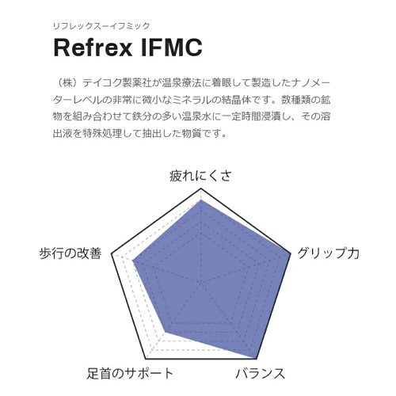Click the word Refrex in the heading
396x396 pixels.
pos(93,48)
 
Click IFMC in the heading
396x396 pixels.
pos(172,48)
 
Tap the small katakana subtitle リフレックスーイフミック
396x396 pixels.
pos(101,26)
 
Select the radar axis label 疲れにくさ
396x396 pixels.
pos(200,176)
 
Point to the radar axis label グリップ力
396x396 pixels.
pos(329,253)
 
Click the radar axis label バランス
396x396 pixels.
pos(261,374)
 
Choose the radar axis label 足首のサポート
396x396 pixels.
pos(130,374)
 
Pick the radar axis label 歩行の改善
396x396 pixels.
pos(70,253)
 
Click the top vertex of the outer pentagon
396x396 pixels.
pos(201,188)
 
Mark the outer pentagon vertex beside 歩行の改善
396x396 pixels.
pos(112,254)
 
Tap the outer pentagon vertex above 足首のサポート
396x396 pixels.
pos(146,359)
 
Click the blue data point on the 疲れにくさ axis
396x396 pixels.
pos(201,200)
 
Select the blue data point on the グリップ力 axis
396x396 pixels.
pos(290,254)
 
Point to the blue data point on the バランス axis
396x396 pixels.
pos(256,359)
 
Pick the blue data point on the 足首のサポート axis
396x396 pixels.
pos(166,332)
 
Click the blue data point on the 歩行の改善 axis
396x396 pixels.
pos(133,261)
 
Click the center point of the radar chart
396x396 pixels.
pos(201,283)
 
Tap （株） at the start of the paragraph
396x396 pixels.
pos(67,83)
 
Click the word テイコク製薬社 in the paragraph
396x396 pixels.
pos(116,83)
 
